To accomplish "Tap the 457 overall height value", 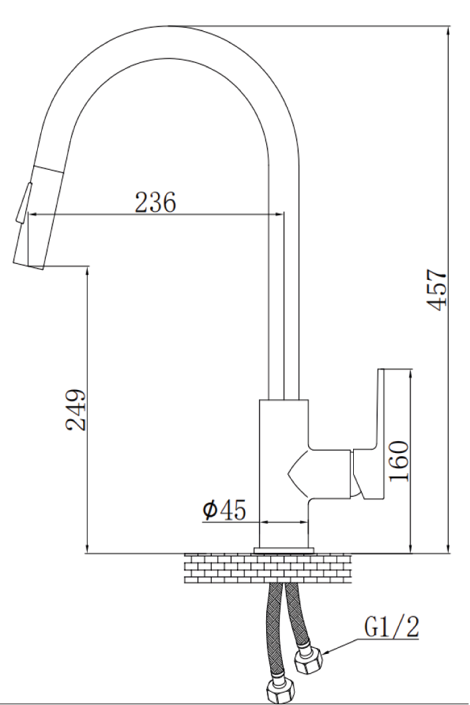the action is (x=436, y=290).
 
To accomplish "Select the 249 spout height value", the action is (x=76, y=410).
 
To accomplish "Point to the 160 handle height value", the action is (x=399, y=461).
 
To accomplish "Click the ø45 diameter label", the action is (x=224, y=510).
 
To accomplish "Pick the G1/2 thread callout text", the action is (x=392, y=627).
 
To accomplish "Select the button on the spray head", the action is (x=23, y=202).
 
